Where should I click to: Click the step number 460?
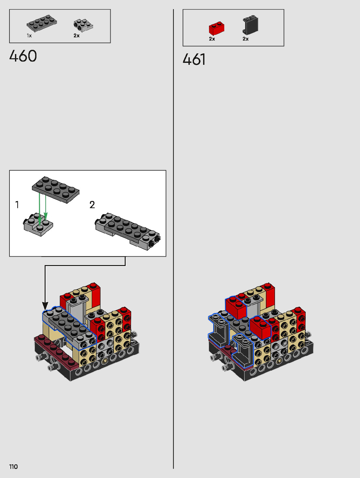23,56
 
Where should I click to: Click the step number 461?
194,60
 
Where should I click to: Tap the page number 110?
13,467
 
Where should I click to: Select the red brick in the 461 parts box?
216,28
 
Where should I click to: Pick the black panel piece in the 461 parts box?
250,25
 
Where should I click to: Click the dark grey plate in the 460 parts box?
42,23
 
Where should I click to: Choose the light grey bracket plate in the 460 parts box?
83,25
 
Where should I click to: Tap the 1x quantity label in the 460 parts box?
29,35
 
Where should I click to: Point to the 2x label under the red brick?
212,39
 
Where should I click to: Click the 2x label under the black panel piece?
245,39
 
